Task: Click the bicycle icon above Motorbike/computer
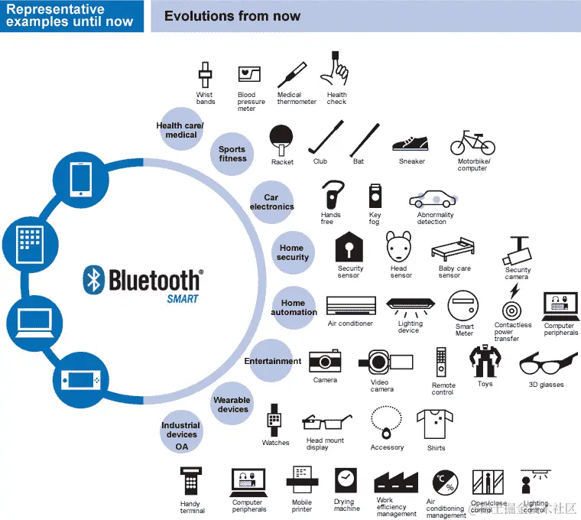(x=472, y=143)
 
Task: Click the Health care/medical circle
(x=180, y=130)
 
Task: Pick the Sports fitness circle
(x=232, y=154)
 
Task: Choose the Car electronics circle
(x=271, y=203)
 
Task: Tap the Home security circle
(x=292, y=252)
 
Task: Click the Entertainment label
(x=273, y=361)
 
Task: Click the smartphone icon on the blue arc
(x=81, y=180)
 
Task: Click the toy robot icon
(x=485, y=362)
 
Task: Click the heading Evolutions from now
(x=232, y=16)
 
